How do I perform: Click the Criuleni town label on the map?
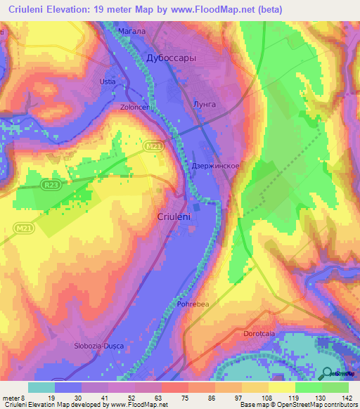point(175,217)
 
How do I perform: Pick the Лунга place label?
point(205,104)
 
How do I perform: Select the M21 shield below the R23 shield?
point(22,228)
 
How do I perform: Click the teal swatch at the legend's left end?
point(42,387)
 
